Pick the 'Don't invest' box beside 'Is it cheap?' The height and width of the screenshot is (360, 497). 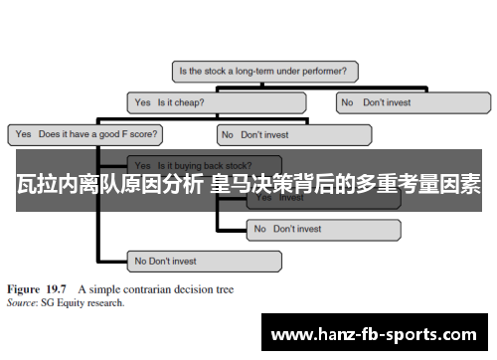point(413,101)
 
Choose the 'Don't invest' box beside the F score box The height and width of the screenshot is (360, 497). point(293,133)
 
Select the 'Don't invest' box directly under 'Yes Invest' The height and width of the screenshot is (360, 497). point(322,229)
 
